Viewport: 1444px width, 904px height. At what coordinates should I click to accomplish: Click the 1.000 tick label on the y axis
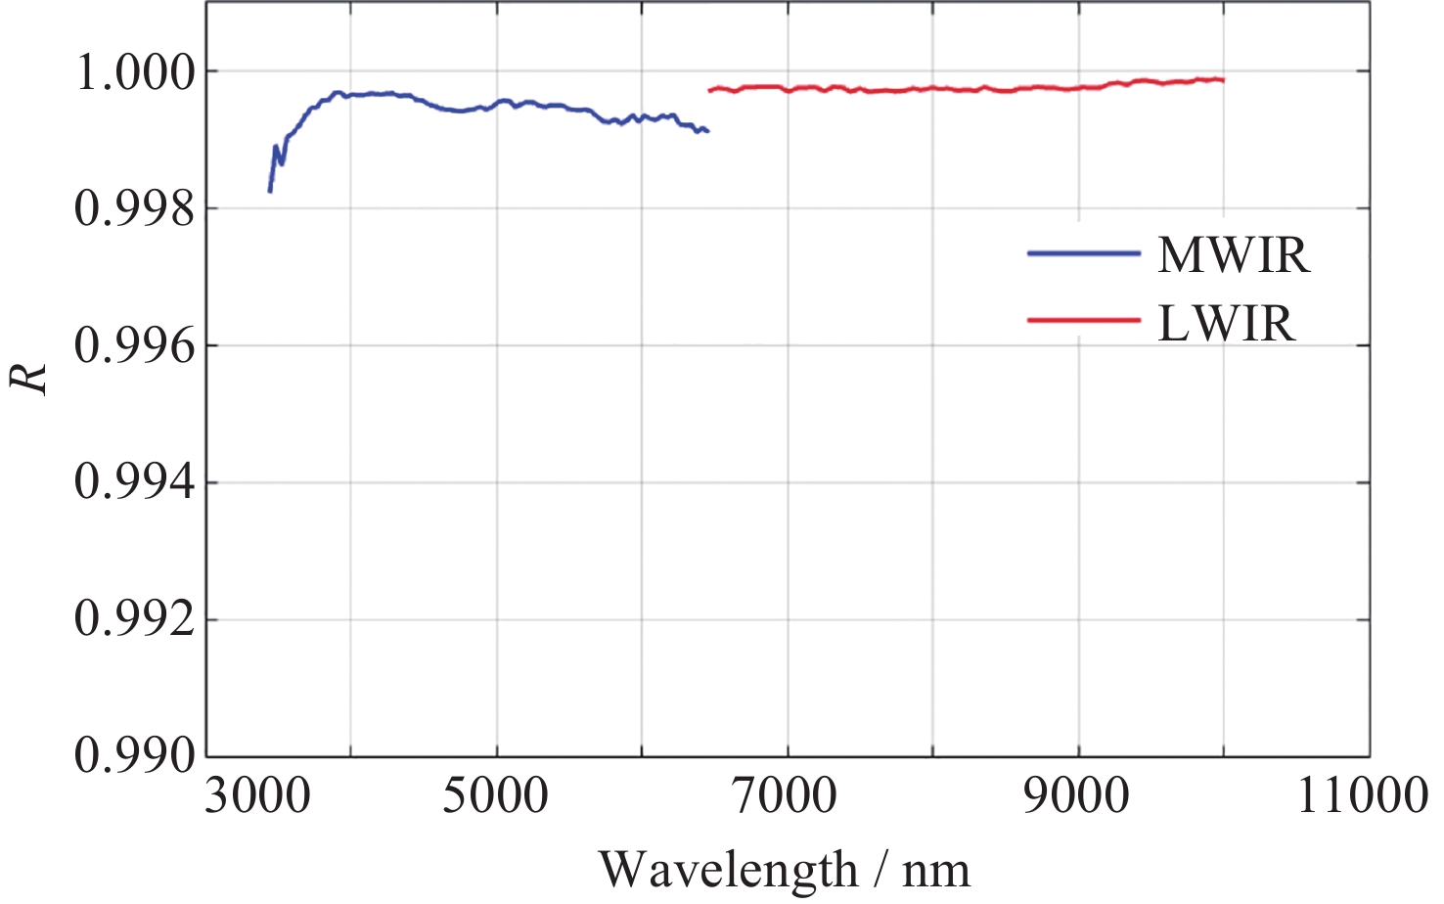click(135, 72)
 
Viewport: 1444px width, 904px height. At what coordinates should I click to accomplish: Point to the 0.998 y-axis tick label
click(135, 209)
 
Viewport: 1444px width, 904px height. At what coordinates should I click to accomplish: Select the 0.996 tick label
click(135, 346)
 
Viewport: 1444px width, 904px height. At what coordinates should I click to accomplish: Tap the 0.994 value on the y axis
click(135, 483)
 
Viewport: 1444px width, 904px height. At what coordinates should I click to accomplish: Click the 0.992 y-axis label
click(135, 620)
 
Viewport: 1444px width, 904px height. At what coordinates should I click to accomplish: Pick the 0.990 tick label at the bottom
click(135, 756)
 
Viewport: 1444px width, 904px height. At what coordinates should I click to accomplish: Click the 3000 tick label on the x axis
click(257, 795)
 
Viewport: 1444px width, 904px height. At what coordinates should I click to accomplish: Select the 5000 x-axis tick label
click(496, 795)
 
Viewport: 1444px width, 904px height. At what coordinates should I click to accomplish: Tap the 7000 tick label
click(787, 795)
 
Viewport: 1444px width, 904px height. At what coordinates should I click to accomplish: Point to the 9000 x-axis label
click(1077, 795)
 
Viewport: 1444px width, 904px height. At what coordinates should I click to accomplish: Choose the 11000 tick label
click(1362, 795)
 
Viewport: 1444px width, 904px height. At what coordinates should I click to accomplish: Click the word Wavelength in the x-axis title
click(728, 870)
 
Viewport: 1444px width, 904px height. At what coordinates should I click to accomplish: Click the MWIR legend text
click(1233, 256)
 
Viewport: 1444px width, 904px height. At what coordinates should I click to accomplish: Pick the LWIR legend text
click(1226, 324)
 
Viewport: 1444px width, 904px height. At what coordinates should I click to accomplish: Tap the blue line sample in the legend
click(1083, 253)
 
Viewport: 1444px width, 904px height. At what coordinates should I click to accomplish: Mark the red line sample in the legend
click(1083, 321)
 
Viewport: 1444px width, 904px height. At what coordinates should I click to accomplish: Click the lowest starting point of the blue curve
click(270, 191)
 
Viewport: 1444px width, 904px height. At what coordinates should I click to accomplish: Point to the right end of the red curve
click(1223, 80)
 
